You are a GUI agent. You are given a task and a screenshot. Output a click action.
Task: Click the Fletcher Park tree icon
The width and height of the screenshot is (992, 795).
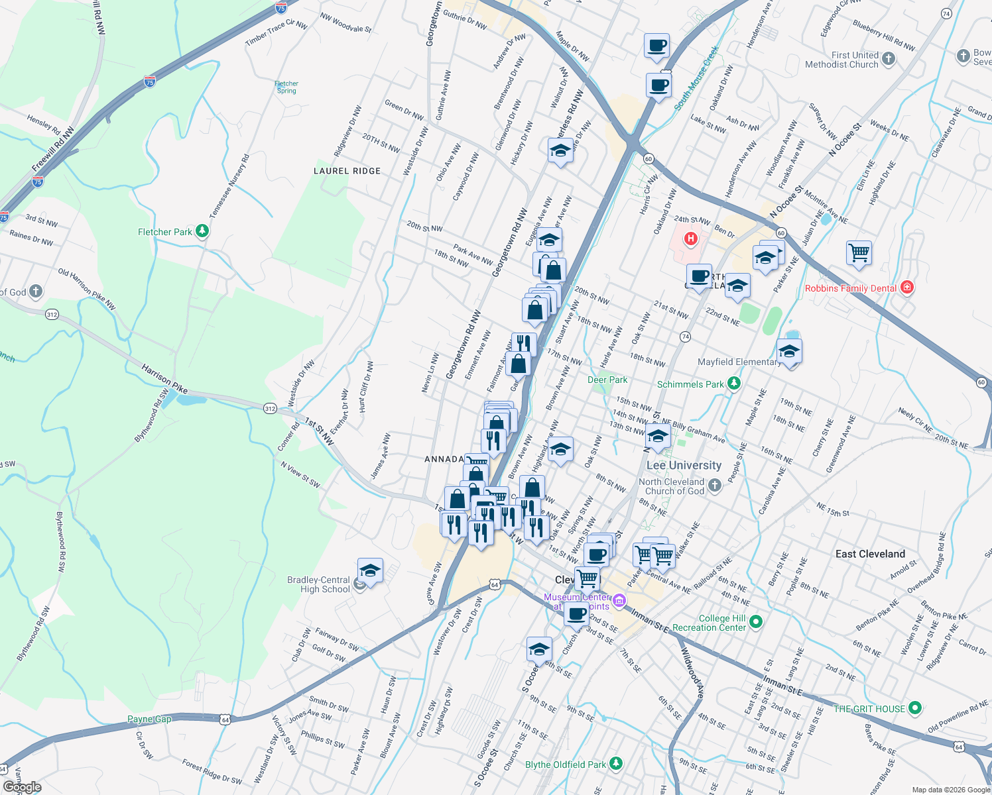point(202,231)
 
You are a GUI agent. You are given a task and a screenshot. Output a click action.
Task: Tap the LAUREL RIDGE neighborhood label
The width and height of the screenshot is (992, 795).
point(347,171)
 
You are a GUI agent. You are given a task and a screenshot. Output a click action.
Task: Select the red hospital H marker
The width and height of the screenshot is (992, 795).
point(691,238)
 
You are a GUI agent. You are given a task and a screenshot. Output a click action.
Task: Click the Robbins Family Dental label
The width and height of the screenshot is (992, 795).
point(850,288)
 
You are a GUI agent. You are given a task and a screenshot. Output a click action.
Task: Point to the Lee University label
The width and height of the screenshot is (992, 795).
point(684,466)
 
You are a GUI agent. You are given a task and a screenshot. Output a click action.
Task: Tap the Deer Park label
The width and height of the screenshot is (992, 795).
point(607,380)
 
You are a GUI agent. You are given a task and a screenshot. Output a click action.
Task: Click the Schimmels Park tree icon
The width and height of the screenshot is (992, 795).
point(733,384)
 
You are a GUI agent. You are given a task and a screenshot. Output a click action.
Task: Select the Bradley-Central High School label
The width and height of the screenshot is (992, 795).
point(318,584)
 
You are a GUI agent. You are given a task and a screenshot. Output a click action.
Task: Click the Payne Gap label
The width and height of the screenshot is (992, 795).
point(149,719)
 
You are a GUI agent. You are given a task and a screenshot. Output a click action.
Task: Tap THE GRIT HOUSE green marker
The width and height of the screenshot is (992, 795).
point(915,708)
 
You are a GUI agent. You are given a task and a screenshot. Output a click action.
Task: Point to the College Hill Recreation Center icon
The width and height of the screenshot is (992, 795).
point(757,621)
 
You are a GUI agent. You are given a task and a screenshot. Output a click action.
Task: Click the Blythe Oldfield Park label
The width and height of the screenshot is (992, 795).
point(566,765)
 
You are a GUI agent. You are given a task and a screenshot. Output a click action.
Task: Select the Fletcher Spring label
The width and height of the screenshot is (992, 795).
point(286,87)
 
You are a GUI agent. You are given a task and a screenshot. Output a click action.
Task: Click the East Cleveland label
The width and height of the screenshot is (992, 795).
point(870,554)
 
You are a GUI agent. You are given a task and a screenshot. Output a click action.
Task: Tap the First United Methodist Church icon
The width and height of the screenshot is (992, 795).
point(889,59)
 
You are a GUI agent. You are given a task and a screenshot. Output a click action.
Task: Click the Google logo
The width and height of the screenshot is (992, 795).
point(23,786)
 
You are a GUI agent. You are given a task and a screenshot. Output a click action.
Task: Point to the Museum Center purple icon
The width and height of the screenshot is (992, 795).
point(619,601)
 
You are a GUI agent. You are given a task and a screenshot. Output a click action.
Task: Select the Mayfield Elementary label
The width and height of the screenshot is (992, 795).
point(738,362)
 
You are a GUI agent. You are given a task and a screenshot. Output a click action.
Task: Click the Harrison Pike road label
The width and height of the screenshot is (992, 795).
point(164,378)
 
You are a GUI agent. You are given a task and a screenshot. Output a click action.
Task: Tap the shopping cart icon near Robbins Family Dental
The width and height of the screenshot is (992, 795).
point(859,252)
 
